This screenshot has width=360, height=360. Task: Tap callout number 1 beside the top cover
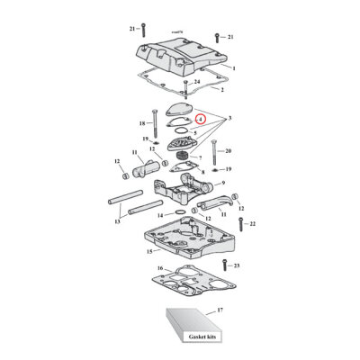click(x=233, y=68)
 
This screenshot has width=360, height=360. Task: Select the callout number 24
click(x=197, y=83)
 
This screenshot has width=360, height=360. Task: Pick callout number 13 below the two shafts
click(x=117, y=221)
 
